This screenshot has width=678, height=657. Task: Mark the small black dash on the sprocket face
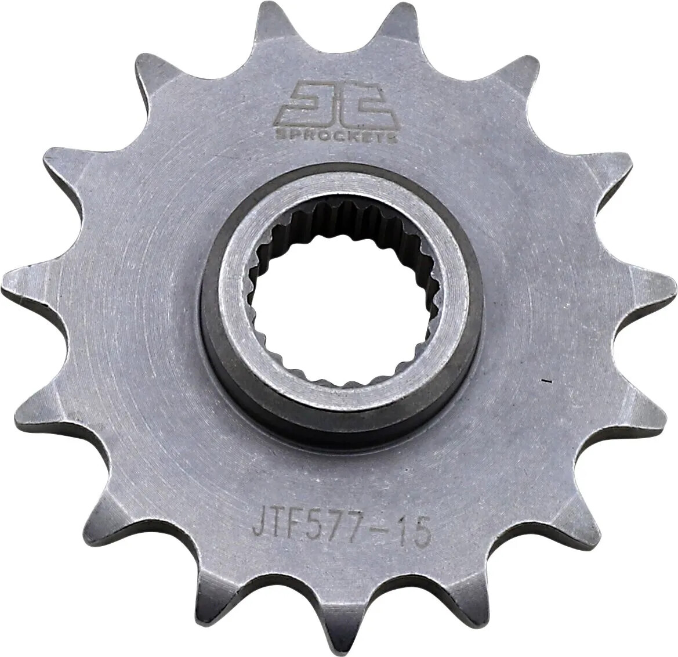pyautogui.click(x=546, y=382)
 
